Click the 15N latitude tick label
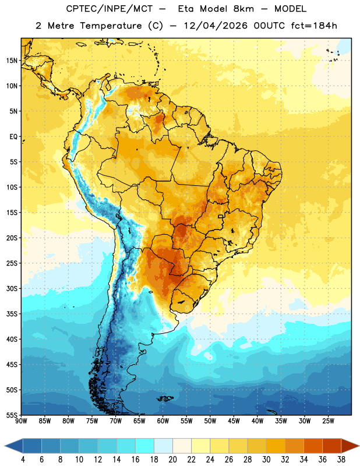[x=12, y=61]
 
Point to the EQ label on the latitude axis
[x=13, y=137]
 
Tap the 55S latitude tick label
[x=12, y=415]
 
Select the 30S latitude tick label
[x=12, y=288]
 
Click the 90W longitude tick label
[x=21, y=421]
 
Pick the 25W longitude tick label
[x=328, y=421]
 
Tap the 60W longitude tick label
[x=163, y=421]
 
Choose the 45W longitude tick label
[x=234, y=421]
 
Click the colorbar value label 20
[x=172, y=460]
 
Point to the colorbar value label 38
[x=341, y=460]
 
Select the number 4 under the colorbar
[x=23, y=460]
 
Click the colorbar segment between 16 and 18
[x=144, y=446]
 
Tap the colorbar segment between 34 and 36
[x=313, y=446]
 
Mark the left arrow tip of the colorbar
[x=5, y=446]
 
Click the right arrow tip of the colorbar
[x=359, y=446]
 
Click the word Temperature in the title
[x=111, y=26]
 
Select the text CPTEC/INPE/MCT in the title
[x=110, y=9]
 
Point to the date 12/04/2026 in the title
[x=216, y=26]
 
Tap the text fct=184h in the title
[x=314, y=26]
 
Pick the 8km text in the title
[x=243, y=9]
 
